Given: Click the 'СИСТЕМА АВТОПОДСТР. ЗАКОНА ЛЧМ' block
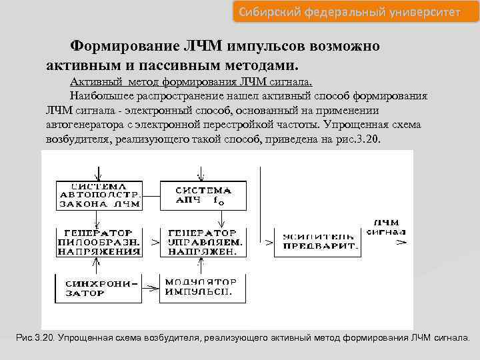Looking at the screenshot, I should coord(99,195).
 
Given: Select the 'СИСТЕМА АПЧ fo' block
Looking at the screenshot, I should coord(201,195).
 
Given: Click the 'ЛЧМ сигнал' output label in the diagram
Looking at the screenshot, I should coord(390,227).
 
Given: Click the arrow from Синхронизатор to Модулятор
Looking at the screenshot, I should coord(151,288).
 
